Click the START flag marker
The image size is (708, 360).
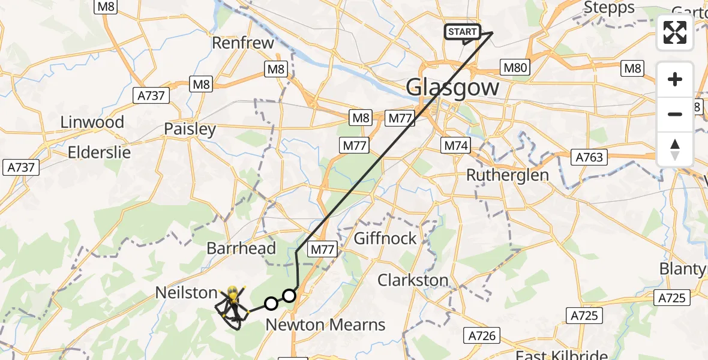pos(462,32)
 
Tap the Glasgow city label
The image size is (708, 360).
pos(452,88)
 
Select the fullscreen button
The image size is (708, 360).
pos(675,33)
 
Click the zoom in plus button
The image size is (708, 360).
pos(675,79)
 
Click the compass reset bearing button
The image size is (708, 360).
pos(675,149)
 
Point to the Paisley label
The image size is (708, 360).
pos(190,129)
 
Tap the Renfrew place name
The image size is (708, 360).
pos(243,43)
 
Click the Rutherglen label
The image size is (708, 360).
pos(508,175)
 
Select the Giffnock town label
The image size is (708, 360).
pos(385,238)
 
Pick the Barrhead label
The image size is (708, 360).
pos(241,248)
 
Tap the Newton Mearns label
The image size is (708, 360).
pos(325,325)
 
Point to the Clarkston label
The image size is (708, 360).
pos(413,280)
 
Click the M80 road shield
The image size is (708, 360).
pos(515,68)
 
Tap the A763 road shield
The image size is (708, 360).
pos(589,158)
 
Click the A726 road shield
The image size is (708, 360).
pos(481,335)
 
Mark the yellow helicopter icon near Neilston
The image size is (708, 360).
pos(233,296)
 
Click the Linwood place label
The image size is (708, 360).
pos(92,122)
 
